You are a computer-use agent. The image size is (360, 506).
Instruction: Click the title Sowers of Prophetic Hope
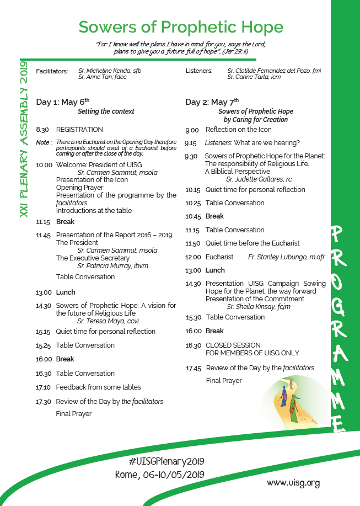point(181,27)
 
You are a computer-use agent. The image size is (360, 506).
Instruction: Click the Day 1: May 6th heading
point(62,102)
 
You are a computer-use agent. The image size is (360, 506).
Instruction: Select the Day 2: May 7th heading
point(212,102)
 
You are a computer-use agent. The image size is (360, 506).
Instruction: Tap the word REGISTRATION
point(79,130)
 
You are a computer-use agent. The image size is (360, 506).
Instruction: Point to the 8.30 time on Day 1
point(42,130)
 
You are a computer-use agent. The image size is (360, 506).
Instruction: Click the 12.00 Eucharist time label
point(192,257)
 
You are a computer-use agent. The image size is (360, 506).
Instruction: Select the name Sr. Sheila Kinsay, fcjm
point(259,307)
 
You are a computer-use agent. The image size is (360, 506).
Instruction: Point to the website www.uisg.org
point(293,483)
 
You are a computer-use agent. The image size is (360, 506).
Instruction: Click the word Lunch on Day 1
point(66,292)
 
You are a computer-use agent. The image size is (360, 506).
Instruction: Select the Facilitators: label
point(52,71)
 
